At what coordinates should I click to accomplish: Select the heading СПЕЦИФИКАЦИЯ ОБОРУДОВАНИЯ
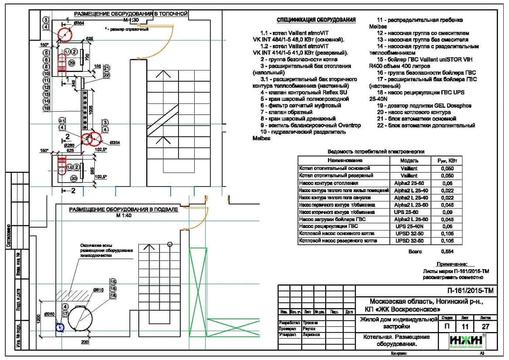point(316,20)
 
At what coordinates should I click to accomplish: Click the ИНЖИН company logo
point(467,342)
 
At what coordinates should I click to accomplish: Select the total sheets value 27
point(485,326)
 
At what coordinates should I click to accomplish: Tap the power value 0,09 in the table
point(447,212)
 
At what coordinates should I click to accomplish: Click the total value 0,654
point(447,252)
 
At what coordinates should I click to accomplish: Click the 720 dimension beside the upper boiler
point(87,57)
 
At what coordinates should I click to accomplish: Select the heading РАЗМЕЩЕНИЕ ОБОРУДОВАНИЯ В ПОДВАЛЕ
point(124,210)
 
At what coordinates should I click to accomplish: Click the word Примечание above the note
point(452,264)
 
